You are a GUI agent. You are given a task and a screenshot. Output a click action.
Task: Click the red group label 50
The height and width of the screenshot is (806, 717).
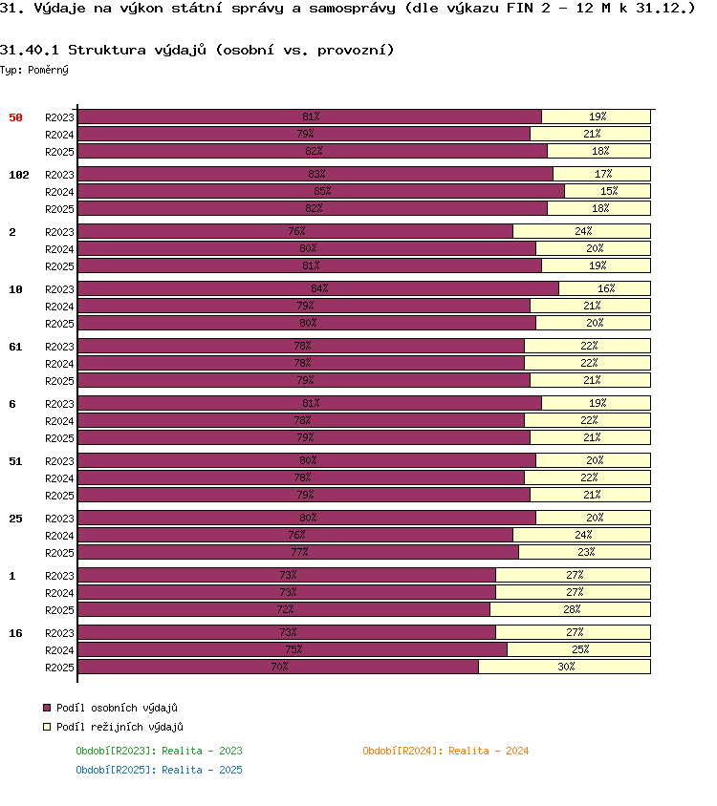click(15, 117)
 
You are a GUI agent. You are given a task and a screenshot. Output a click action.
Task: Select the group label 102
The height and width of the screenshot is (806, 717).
click(19, 175)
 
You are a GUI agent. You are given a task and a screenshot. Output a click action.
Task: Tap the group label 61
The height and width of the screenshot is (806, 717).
click(15, 347)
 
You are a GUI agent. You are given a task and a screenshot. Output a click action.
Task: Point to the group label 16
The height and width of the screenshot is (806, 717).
click(15, 633)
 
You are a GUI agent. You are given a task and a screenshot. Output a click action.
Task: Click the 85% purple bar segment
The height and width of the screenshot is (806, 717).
click(321, 191)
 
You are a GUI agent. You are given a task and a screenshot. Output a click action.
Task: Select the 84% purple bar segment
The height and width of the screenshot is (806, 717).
click(318, 288)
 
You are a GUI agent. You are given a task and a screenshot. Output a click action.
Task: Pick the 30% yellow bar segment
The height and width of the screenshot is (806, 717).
click(565, 667)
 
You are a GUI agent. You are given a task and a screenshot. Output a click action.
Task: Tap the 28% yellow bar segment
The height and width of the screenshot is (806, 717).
click(571, 609)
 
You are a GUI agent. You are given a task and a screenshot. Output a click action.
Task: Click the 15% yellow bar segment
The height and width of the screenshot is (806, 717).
click(607, 191)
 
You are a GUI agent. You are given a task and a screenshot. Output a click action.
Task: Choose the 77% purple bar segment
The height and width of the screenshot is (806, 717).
click(298, 552)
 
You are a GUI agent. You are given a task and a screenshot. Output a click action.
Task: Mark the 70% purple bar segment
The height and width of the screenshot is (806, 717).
click(278, 667)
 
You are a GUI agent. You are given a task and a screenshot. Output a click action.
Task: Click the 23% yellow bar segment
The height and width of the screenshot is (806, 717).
click(585, 552)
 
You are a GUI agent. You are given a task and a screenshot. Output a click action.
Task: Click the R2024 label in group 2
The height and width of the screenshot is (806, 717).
click(59, 249)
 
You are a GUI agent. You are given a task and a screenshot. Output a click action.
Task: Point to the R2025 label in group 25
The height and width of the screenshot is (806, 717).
click(59, 553)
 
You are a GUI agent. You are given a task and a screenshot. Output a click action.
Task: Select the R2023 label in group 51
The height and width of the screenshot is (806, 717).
click(59, 461)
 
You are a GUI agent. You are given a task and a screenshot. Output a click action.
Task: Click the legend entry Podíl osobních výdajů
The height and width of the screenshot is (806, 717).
click(111, 708)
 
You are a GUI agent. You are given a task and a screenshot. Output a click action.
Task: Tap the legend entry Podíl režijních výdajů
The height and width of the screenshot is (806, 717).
click(113, 727)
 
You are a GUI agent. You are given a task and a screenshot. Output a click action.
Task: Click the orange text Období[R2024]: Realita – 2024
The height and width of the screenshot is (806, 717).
click(445, 751)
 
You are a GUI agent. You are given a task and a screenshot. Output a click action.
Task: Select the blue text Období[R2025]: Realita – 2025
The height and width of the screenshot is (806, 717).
click(159, 770)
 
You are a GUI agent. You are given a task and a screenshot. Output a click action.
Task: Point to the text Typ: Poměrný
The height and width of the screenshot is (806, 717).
click(34, 70)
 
